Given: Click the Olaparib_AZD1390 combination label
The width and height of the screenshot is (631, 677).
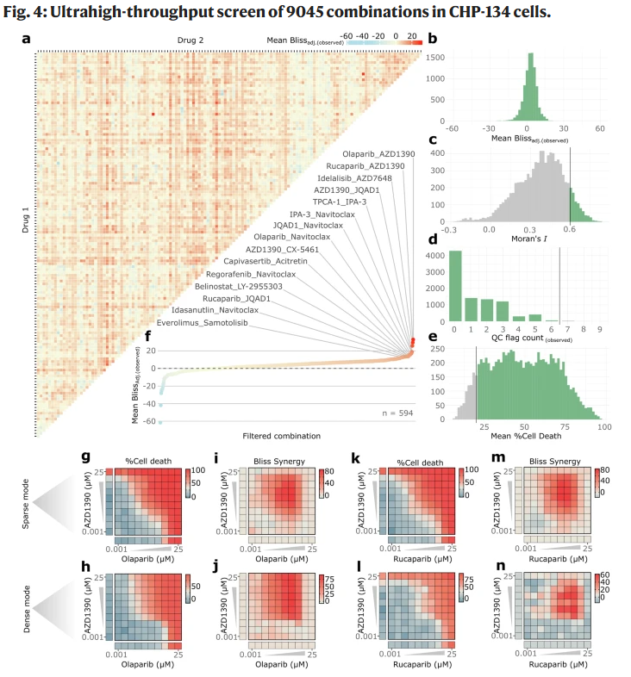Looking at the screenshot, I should (378, 152).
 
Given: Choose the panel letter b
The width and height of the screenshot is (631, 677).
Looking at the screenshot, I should (432, 39).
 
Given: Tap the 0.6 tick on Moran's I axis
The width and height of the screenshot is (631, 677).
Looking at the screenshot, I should (570, 231).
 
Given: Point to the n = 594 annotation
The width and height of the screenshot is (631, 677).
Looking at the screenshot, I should (397, 413).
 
